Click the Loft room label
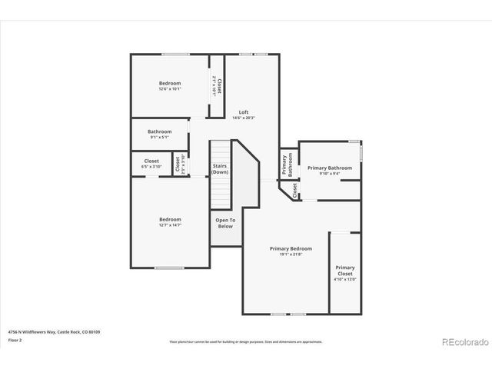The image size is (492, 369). (243, 112)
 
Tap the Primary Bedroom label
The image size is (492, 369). (291, 248)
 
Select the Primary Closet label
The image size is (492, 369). (345, 270)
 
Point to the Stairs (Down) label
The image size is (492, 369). (220, 168)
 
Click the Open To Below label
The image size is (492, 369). (224, 223)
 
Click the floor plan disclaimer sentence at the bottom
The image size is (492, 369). (245, 341)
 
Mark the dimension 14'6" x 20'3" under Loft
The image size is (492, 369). (243, 118)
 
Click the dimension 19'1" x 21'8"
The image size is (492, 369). (291, 254)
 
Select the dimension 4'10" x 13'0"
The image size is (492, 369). (345, 279)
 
